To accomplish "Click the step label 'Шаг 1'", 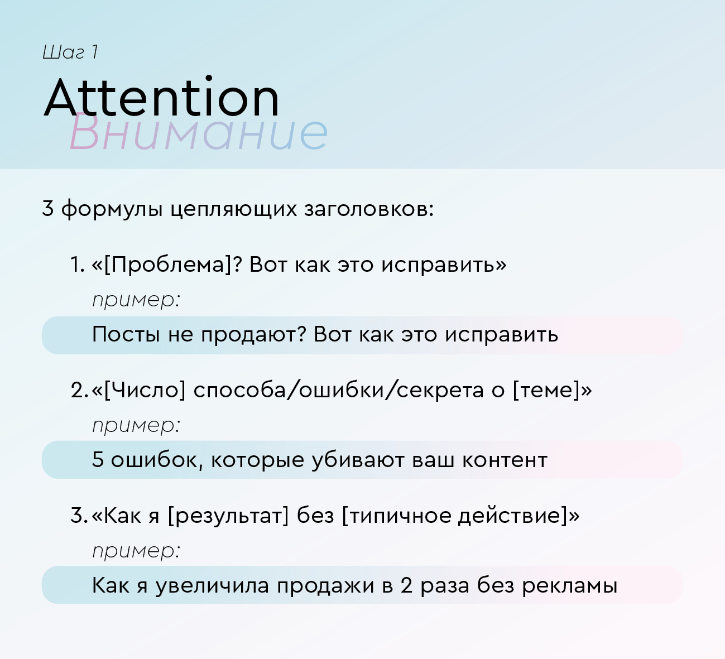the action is click(x=70, y=52).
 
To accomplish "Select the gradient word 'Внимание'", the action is click(x=199, y=132).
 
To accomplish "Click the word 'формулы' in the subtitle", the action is click(x=112, y=209).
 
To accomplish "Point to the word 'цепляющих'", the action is click(x=233, y=210).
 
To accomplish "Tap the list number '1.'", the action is click(x=78, y=264).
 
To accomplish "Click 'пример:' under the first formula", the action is click(x=136, y=300).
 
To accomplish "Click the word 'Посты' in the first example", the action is click(x=126, y=334).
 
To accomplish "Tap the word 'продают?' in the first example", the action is click(x=253, y=335).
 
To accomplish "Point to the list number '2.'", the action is click(x=79, y=390).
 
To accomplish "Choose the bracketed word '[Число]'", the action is click(x=144, y=390).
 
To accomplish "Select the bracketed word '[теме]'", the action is click(x=546, y=390).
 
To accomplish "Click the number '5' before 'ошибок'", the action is click(x=98, y=460).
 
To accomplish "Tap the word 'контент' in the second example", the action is click(x=505, y=460).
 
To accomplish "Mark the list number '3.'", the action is click(x=79, y=516).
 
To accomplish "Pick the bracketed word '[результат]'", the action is click(x=228, y=516).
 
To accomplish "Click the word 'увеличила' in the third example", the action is click(x=212, y=586).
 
